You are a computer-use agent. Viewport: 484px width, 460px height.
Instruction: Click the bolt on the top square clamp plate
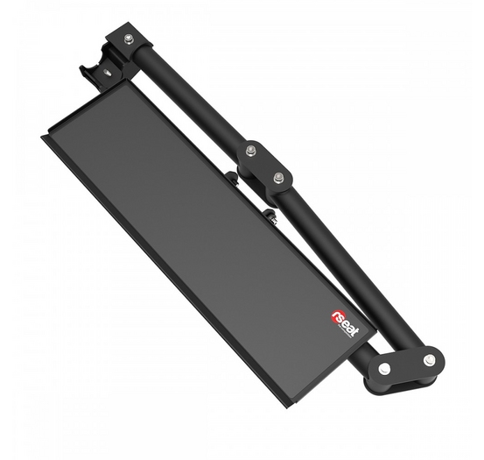pyautogui.click(x=128, y=39)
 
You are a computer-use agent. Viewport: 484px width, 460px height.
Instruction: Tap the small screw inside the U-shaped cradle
pyautogui.click(x=108, y=74)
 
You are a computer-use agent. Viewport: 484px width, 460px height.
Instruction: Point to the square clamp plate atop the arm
pyautogui.click(x=130, y=39)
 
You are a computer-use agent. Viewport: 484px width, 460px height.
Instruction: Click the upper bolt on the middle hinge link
pyautogui.click(x=250, y=151)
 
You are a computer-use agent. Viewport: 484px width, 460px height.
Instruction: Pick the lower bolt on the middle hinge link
pyautogui.click(x=277, y=178)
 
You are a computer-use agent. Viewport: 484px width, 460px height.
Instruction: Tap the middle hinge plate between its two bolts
pyautogui.click(x=264, y=165)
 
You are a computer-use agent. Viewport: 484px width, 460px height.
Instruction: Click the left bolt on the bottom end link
pyautogui.click(x=383, y=368)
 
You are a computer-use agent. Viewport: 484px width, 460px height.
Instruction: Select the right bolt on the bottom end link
pyautogui.click(x=429, y=359)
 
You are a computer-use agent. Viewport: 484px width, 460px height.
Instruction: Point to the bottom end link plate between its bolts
pyautogui.click(x=406, y=364)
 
